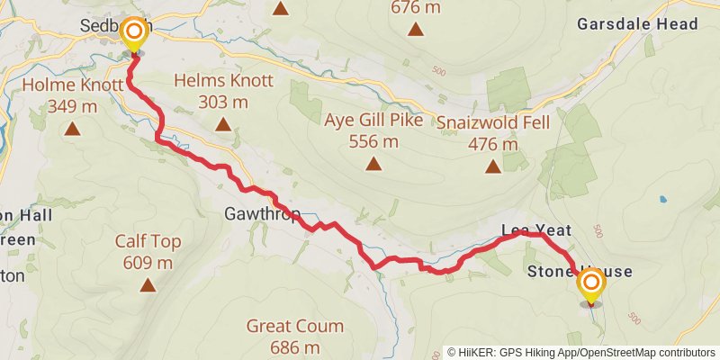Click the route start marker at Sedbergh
click(x=134, y=35)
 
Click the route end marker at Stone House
click(x=592, y=286)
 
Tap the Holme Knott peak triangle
click(x=71, y=129)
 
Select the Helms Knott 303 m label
click(x=223, y=91)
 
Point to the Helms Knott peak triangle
click(x=223, y=124)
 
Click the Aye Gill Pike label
click(x=373, y=130)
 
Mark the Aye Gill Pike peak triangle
click(x=373, y=164)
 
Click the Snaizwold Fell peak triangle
click(x=492, y=166)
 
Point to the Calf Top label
click(x=148, y=252)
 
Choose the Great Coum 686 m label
click(x=283, y=336)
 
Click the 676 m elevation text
click(x=416, y=7)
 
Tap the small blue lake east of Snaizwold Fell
click(x=663, y=199)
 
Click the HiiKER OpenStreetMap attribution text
click(x=581, y=353)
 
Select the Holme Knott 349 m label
click(x=71, y=95)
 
